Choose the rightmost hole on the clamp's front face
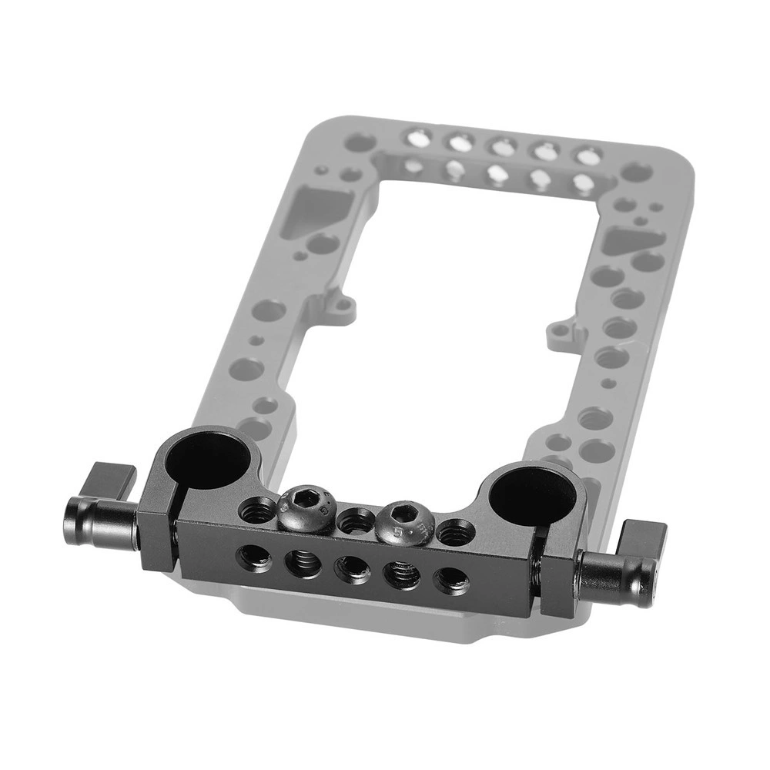(x=450, y=581)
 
